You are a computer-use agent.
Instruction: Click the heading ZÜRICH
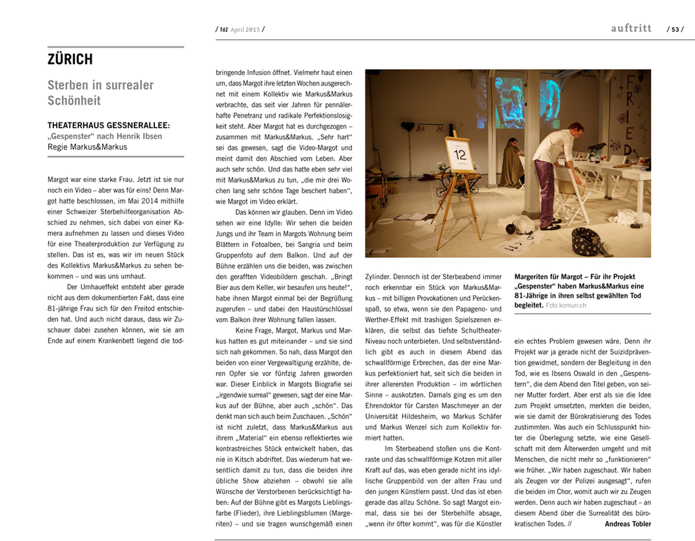coord(70,59)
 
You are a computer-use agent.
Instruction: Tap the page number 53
coord(675,30)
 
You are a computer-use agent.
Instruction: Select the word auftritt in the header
coord(631,28)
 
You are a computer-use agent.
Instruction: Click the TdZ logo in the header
coord(223,30)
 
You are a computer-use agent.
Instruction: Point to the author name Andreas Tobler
coord(627,524)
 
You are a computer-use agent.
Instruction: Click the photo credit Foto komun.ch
coord(565,306)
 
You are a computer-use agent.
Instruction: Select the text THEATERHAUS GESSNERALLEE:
coord(108,126)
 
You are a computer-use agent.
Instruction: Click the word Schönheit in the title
coord(74,101)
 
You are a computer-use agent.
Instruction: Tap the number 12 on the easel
coord(460,154)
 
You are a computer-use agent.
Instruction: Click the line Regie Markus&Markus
coord(87,147)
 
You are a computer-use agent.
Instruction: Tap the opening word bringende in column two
coord(233,73)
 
